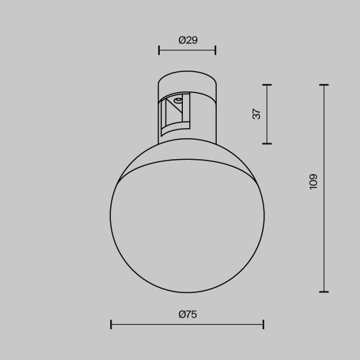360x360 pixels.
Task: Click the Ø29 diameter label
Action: (187, 40)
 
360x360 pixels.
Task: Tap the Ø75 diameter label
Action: (187, 314)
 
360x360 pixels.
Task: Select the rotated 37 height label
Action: (257, 114)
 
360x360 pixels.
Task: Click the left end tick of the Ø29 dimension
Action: (159, 51)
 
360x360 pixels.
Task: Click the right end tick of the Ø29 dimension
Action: (215, 51)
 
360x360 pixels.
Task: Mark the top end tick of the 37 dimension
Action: (267, 85)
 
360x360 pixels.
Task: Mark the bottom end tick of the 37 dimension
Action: (267, 143)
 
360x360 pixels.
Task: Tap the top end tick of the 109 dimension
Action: (324, 85)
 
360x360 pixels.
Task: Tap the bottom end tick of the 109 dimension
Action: (324, 292)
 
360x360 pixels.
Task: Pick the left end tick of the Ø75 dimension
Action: (111, 325)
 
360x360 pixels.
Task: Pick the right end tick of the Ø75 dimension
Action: (264, 325)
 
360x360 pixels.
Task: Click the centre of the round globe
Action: (187, 216)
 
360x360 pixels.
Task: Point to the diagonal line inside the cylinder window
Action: (173, 114)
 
